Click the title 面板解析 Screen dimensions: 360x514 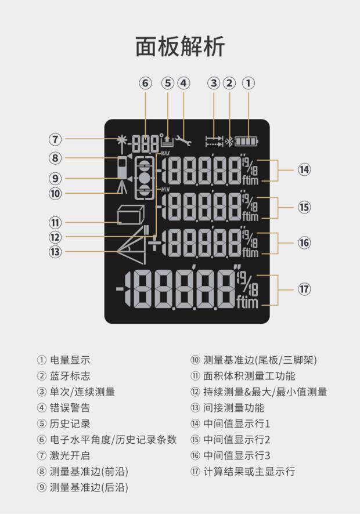click(x=179, y=46)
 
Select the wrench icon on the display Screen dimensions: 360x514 click(x=183, y=140)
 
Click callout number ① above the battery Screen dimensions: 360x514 click(x=248, y=83)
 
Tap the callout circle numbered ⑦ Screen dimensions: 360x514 click(x=55, y=139)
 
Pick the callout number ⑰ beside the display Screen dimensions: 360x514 click(x=304, y=289)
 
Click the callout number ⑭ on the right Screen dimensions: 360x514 click(x=304, y=169)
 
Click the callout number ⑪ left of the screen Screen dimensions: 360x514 click(x=55, y=222)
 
